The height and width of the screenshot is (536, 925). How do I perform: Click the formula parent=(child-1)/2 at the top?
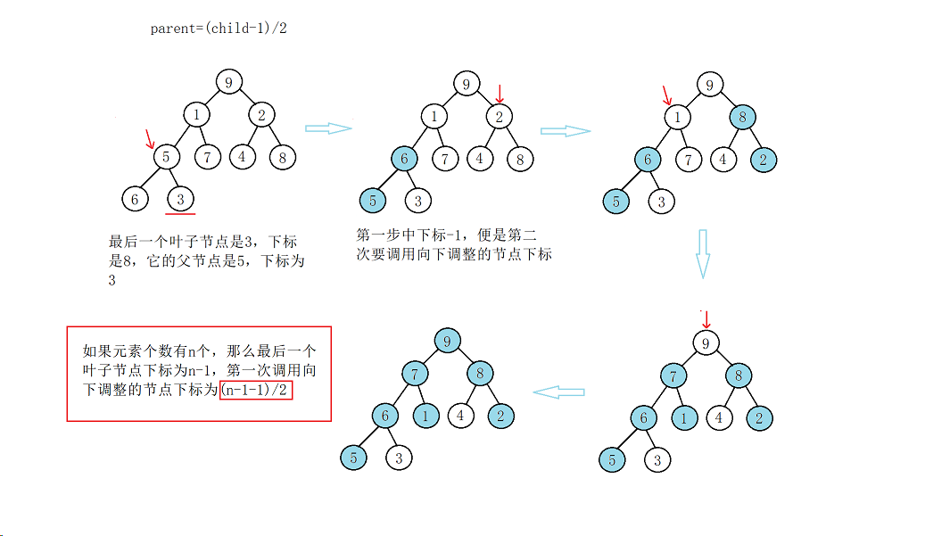[x=219, y=28]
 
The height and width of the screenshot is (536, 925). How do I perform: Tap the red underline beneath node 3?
[x=180, y=213]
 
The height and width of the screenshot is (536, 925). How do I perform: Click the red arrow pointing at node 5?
[x=150, y=138]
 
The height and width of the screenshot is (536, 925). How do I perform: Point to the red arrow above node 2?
[x=500, y=92]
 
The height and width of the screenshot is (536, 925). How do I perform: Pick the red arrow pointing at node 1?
[x=667, y=95]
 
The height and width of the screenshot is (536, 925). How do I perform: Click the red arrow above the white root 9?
[x=706, y=319]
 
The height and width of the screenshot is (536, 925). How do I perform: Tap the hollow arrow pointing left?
[x=558, y=392]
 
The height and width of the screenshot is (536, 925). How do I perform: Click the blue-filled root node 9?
[x=448, y=341]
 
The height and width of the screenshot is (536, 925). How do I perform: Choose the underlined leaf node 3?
[x=180, y=198]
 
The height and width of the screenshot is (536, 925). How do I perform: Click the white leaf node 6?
[x=135, y=198]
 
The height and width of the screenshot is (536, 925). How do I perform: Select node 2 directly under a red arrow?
[x=500, y=116]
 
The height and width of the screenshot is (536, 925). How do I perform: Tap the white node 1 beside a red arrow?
[x=678, y=116]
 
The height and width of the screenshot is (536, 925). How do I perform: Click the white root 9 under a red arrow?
[x=706, y=342]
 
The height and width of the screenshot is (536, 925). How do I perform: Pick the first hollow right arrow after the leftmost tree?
[x=328, y=128]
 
